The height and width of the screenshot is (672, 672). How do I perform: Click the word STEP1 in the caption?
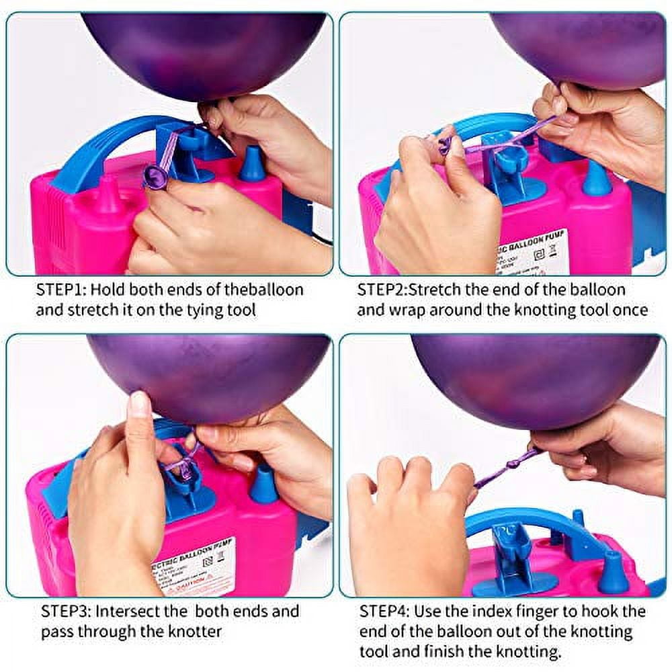(60, 290)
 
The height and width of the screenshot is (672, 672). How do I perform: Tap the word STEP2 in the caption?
(381, 290)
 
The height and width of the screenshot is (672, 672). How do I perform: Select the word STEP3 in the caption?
(65, 612)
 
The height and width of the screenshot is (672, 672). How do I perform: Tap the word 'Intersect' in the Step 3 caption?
(134, 612)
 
